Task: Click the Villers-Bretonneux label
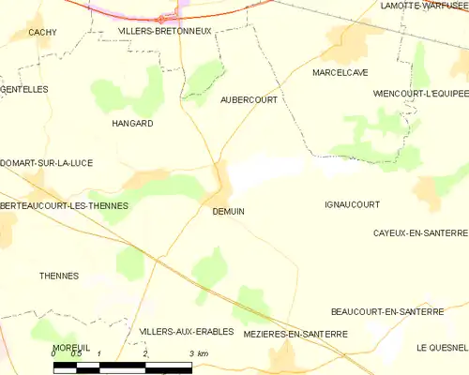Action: pos(165,31)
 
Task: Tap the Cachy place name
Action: pos(43,32)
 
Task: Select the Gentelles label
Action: pos(24,89)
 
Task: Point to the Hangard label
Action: pos(132,124)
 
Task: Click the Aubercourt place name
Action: pos(249,99)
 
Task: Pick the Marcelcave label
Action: pos(340,72)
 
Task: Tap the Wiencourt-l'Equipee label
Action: pos(419,94)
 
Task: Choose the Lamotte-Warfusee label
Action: pos(424,6)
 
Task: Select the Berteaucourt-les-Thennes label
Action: pos(65,205)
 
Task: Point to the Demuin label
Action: pos(228,212)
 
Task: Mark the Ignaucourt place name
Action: pos(351,203)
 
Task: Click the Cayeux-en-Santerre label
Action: pos(419,232)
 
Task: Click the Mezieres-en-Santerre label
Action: pos(295,334)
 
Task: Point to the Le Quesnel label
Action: pos(442,348)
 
